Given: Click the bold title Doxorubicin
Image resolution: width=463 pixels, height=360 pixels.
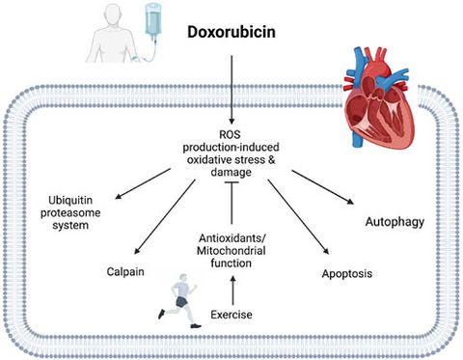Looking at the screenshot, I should click(232, 35).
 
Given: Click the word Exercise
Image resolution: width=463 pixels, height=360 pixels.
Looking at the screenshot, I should click(231, 316).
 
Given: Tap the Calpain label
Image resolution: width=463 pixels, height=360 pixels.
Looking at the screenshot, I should click(126, 271).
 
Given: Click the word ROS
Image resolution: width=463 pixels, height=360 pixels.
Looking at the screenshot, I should click(232, 133).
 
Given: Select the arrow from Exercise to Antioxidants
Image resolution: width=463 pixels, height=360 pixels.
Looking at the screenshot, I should click(231, 287).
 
